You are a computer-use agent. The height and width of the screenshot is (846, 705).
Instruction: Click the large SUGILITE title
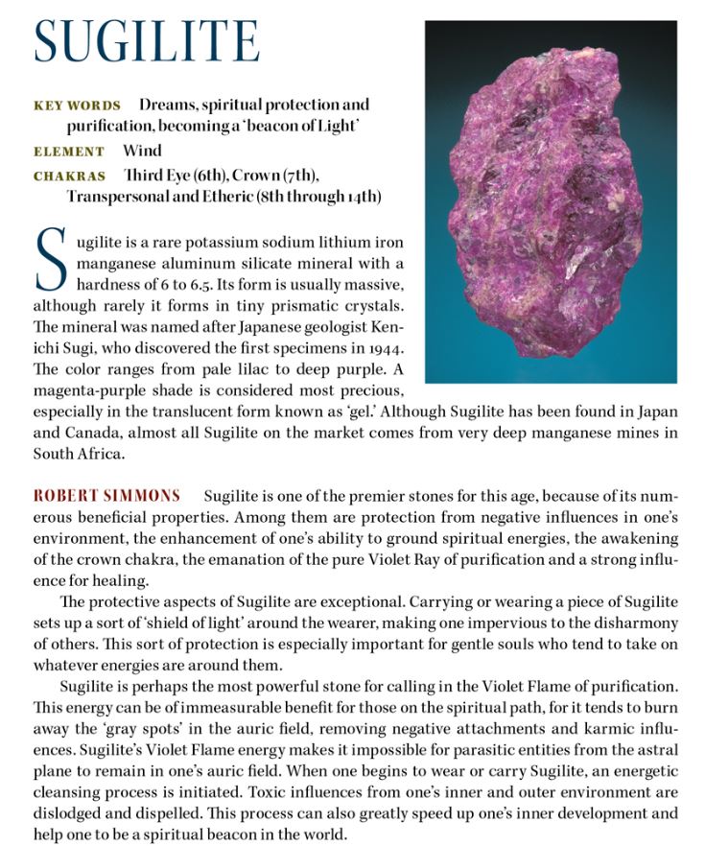pyautogui.click(x=147, y=41)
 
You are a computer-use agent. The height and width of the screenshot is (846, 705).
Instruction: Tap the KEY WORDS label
pyautogui.click(x=77, y=106)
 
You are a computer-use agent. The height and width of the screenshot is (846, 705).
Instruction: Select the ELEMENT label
pyautogui.click(x=69, y=152)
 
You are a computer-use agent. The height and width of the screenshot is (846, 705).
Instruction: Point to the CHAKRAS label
pyautogui.click(x=69, y=176)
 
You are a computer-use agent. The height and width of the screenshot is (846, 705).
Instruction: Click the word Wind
pyautogui.click(x=142, y=151)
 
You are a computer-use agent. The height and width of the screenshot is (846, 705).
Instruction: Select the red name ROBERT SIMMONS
pyautogui.click(x=106, y=496)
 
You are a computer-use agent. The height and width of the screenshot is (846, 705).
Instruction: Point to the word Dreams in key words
pyautogui.click(x=165, y=105)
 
